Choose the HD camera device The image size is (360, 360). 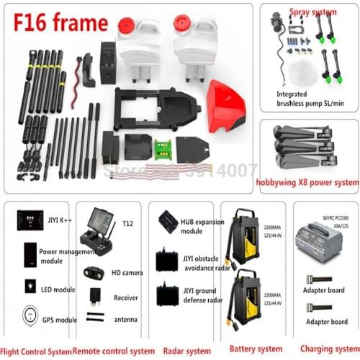(x=96, y=272)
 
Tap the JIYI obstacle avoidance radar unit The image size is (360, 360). (x=167, y=258)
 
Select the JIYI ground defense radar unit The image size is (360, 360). (x=167, y=296)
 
